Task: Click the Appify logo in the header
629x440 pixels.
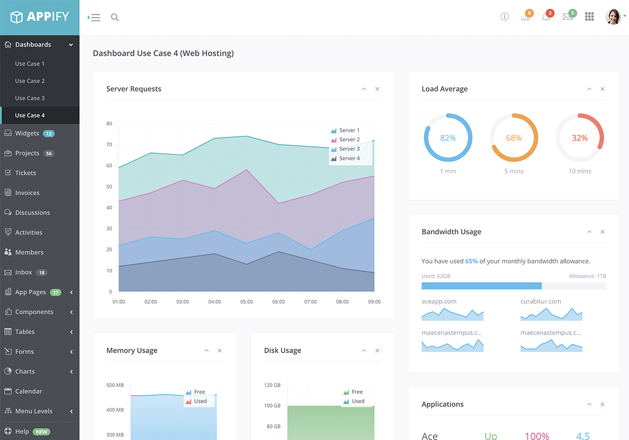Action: coord(40,17)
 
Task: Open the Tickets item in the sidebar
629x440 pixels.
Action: coord(25,173)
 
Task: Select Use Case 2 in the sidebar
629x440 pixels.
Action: coord(30,81)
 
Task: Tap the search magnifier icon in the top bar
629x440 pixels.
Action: coord(115,17)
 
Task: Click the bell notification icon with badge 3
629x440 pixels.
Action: coord(546,17)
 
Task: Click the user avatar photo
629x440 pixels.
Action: coord(613,17)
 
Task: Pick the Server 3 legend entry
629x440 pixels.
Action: coord(349,149)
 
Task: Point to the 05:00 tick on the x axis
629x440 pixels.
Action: coord(246,302)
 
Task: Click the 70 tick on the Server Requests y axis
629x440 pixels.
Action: coord(109,145)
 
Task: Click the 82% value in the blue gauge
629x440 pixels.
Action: coord(448,138)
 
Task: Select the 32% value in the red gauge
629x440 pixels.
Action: coord(580,138)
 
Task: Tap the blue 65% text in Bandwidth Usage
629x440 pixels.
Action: coord(471,261)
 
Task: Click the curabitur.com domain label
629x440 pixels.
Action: coord(540,301)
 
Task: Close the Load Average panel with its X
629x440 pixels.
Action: coord(602,89)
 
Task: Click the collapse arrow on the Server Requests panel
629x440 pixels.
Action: coord(364,89)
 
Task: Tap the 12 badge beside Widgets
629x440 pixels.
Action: coord(49,134)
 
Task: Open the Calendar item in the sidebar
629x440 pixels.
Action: coord(28,391)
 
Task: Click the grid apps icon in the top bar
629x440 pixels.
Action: coord(589,17)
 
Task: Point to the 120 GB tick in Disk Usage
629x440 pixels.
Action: coord(272,385)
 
